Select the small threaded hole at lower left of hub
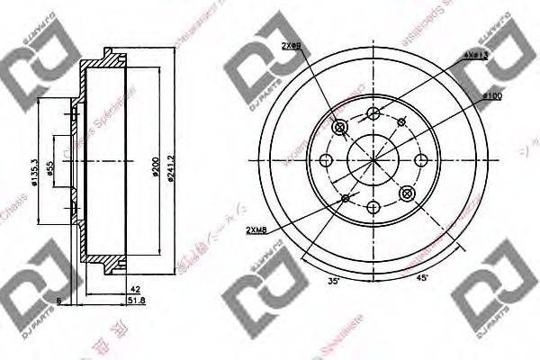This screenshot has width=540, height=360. [345, 196]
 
